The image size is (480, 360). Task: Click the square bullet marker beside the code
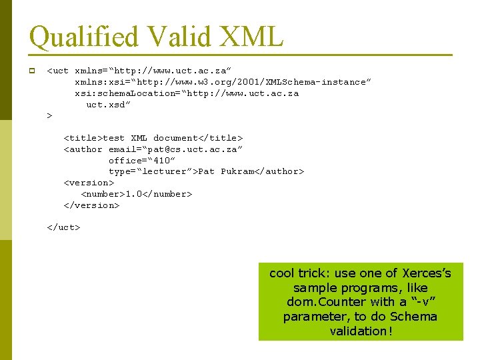pyautogui.click(x=31, y=71)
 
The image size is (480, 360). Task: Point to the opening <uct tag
pyautogui.click(x=58, y=71)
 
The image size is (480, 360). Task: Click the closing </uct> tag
pyautogui.click(x=63, y=227)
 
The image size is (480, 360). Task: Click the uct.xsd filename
pyautogui.click(x=109, y=105)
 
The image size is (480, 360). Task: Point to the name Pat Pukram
pyautogui.click(x=227, y=172)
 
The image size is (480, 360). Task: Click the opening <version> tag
pyautogui.click(x=89, y=183)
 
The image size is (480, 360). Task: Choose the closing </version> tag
pyautogui.click(x=91, y=205)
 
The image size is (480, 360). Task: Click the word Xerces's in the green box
pyautogui.click(x=427, y=273)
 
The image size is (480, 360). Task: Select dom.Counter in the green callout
pyautogui.click(x=327, y=302)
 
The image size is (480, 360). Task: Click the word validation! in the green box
pyautogui.click(x=361, y=331)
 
